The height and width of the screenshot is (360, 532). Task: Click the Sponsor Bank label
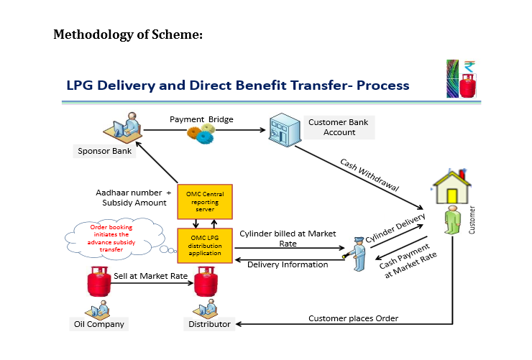105,151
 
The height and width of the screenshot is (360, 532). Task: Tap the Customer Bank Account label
339,127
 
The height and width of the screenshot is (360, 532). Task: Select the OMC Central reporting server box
205,201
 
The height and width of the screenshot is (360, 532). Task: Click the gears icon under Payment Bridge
201,134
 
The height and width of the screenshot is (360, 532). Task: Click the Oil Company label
99,324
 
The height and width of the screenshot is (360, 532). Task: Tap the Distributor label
209,324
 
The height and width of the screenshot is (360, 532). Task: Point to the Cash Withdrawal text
370,174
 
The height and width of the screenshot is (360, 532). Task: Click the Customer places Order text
353,318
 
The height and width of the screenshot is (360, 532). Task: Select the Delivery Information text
288,264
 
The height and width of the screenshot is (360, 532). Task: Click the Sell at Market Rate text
150,276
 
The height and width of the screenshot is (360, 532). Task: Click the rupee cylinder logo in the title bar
462,79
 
